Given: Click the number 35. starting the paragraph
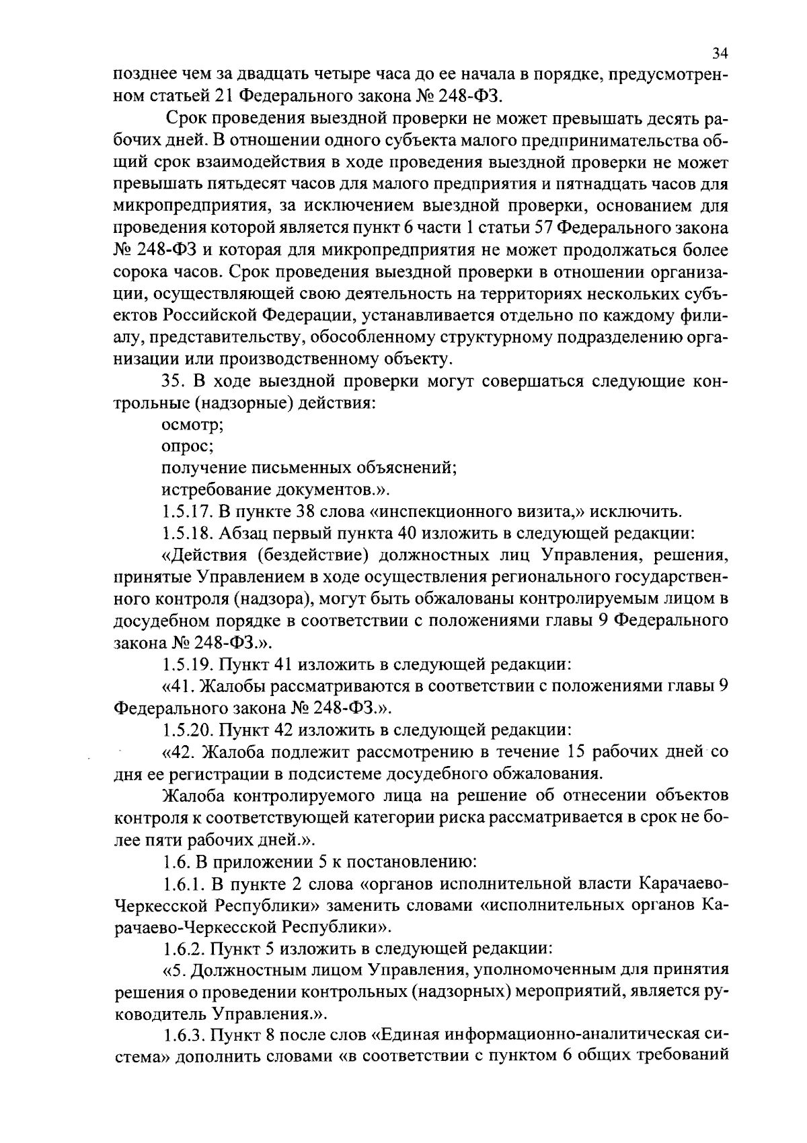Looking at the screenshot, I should [x=174, y=382].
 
